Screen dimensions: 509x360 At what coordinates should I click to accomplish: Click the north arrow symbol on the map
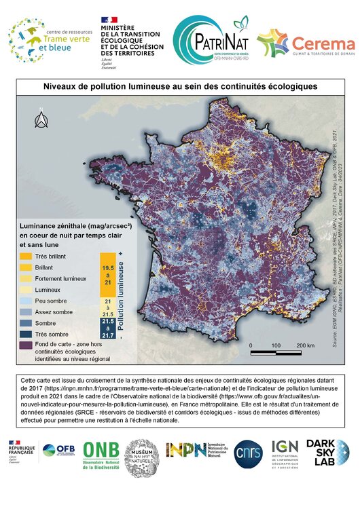point(40,121)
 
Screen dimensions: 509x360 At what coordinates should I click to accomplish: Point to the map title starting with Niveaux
point(179,87)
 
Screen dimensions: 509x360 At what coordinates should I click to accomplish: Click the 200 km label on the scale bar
point(305,345)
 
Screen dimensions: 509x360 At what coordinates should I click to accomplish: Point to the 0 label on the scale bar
point(251,345)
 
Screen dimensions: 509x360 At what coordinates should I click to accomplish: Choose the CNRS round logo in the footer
point(248,453)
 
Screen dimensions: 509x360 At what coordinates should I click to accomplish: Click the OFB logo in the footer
point(58,451)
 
